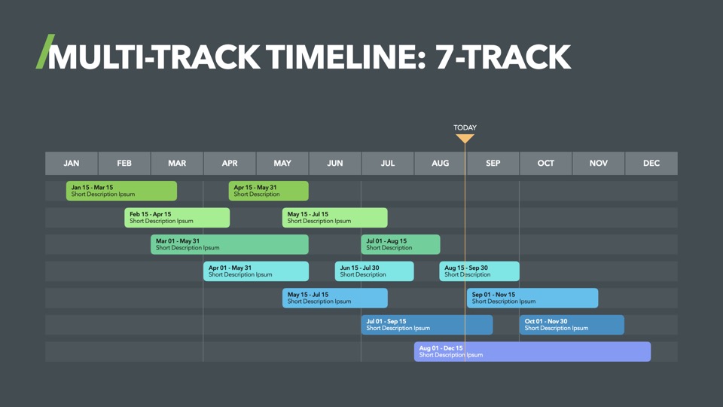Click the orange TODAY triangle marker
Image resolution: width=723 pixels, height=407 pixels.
[x=465, y=138]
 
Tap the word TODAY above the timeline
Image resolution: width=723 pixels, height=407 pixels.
[x=465, y=127]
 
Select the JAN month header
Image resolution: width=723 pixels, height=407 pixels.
[x=72, y=164]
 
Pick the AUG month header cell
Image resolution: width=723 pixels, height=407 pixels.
[x=441, y=164]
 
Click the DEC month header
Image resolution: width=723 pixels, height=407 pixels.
[x=651, y=164]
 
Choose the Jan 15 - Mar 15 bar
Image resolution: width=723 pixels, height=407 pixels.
[x=121, y=191]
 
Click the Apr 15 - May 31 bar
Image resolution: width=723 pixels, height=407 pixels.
[x=268, y=191]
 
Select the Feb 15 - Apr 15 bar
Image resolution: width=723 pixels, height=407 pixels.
[x=177, y=217]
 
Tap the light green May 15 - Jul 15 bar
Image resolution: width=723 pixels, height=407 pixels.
[x=334, y=217]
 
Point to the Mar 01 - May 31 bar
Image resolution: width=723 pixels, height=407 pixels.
[x=230, y=244]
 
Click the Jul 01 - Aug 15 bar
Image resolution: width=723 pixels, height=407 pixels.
[x=401, y=244]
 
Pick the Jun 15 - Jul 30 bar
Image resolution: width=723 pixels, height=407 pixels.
[x=374, y=271]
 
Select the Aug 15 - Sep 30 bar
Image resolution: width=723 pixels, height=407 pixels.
[x=480, y=271]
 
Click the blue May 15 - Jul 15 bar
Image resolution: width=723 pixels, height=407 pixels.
[x=334, y=298]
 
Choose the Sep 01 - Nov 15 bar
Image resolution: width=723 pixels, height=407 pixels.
[x=532, y=298]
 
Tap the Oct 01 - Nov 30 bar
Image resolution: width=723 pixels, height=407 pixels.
[x=572, y=324]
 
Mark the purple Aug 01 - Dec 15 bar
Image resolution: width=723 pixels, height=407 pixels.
[x=532, y=351]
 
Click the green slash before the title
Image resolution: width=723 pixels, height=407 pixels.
[x=45, y=52]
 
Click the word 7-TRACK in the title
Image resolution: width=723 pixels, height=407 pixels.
[x=503, y=57]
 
